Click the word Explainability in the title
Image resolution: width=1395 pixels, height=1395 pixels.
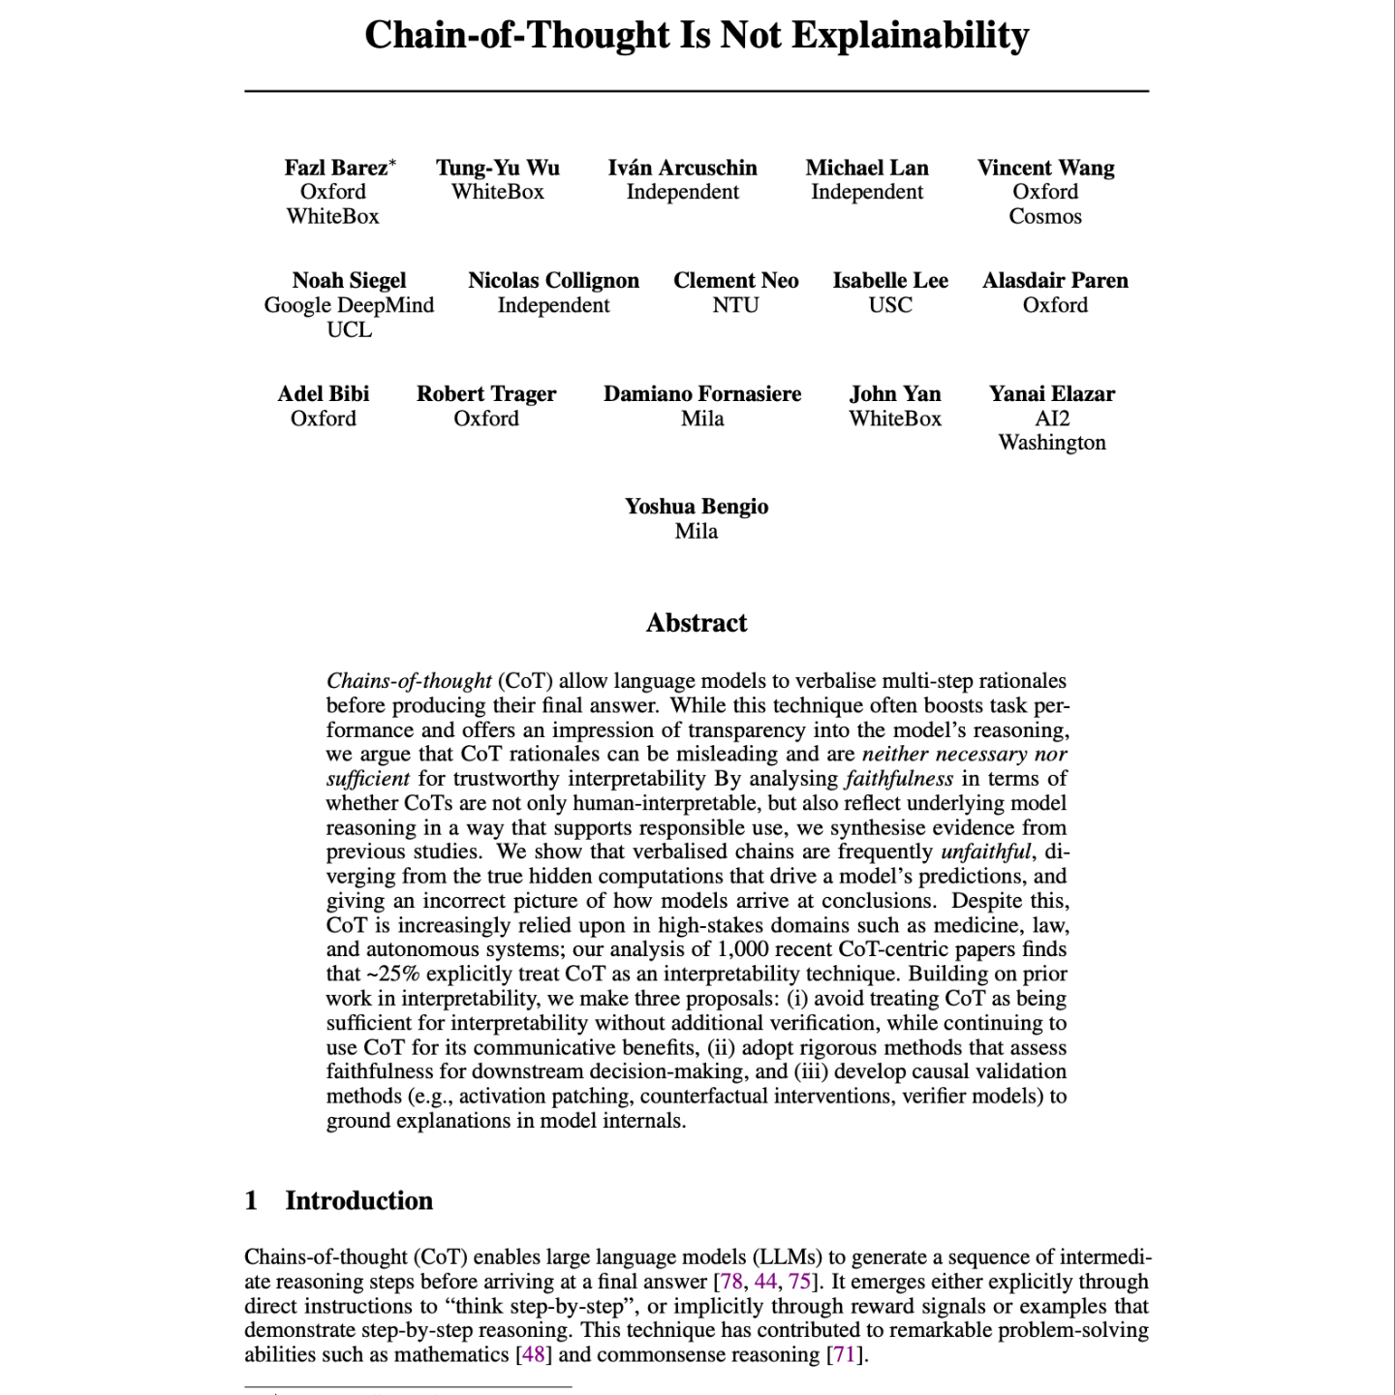(x=910, y=36)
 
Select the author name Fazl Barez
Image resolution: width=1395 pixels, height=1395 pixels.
(x=335, y=168)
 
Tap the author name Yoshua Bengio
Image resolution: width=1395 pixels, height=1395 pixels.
(x=697, y=507)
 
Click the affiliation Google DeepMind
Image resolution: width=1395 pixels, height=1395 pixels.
(x=349, y=305)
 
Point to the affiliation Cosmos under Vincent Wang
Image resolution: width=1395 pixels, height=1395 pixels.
(x=1045, y=216)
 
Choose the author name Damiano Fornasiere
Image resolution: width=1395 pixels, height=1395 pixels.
(x=702, y=394)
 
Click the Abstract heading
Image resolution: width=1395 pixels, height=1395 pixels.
(x=697, y=623)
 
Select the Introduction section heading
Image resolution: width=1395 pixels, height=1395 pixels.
(x=358, y=1200)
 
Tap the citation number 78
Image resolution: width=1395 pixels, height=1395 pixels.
(x=731, y=1282)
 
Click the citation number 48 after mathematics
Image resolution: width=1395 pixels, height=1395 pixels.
(x=534, y=1354)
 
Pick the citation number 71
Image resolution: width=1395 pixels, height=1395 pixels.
(x=845, y=1354)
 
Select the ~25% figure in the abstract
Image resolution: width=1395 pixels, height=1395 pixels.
(x=393, y=974)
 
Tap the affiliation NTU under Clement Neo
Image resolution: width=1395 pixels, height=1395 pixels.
(x=735, y=305)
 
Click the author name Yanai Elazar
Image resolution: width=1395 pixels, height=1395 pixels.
(x=1052, y=394)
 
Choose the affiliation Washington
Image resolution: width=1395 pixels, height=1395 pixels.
(x=1052, y=443)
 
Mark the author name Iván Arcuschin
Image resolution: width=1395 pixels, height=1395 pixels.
(x=682, y=168)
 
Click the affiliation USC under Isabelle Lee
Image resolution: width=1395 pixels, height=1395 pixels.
(x=890, y=305)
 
